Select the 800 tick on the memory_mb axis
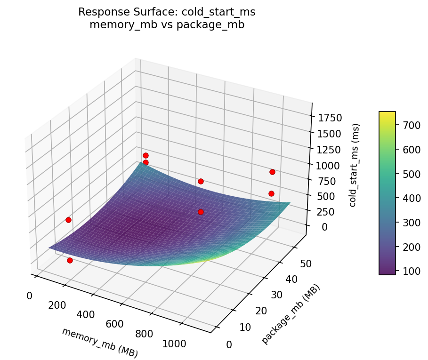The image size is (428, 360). (144, 334)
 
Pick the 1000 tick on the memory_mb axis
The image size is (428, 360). (174, 344)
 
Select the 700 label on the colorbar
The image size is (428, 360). (408, 125)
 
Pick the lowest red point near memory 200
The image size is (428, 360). (70, 260)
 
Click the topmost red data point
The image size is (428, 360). (146, 155)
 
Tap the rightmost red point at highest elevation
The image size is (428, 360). (272, 172)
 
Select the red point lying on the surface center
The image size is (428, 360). (201, 212)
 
